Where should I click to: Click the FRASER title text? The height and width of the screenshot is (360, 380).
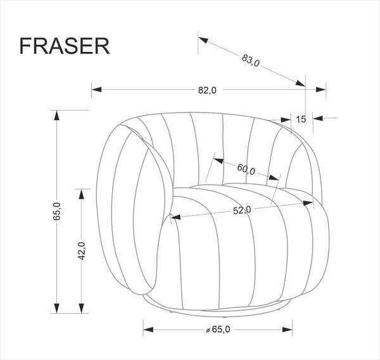(65, 46)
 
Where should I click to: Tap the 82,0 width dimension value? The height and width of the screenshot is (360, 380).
(207, 90)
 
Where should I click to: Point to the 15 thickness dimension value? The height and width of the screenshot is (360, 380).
(301, 119)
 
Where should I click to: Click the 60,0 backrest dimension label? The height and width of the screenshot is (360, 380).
(246, 170)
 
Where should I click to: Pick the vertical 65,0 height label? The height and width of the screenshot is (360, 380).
(56, 211)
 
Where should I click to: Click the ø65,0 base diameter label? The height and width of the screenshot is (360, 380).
(218, 329)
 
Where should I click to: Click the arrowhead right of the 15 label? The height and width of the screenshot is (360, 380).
(317, 118)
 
